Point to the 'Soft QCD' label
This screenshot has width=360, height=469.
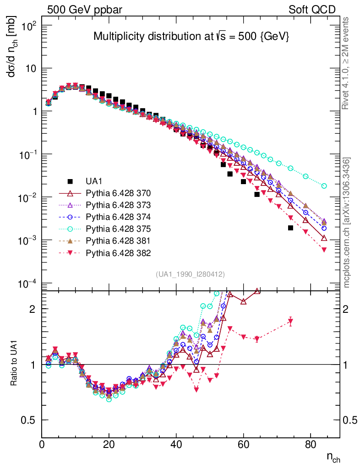click(312, 9)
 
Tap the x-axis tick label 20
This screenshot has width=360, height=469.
click(109, 444)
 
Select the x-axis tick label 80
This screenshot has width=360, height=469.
click(311, 444)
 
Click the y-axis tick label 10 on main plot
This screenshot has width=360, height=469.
click(31, 69)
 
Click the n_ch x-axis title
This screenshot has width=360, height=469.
click(333, 457)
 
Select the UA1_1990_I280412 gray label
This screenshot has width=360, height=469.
click(190, 274)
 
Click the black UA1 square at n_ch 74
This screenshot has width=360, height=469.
click(290, 228)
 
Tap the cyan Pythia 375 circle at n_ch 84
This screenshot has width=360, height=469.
click(324, 186)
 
